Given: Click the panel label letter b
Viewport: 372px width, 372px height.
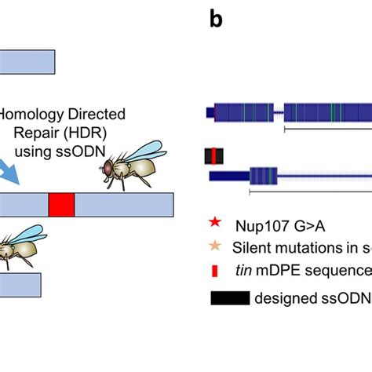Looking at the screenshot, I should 217,20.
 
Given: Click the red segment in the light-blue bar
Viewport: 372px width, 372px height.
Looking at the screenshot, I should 61,206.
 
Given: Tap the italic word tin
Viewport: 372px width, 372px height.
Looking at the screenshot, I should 241,271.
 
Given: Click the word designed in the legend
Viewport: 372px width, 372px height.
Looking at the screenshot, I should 285,299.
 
